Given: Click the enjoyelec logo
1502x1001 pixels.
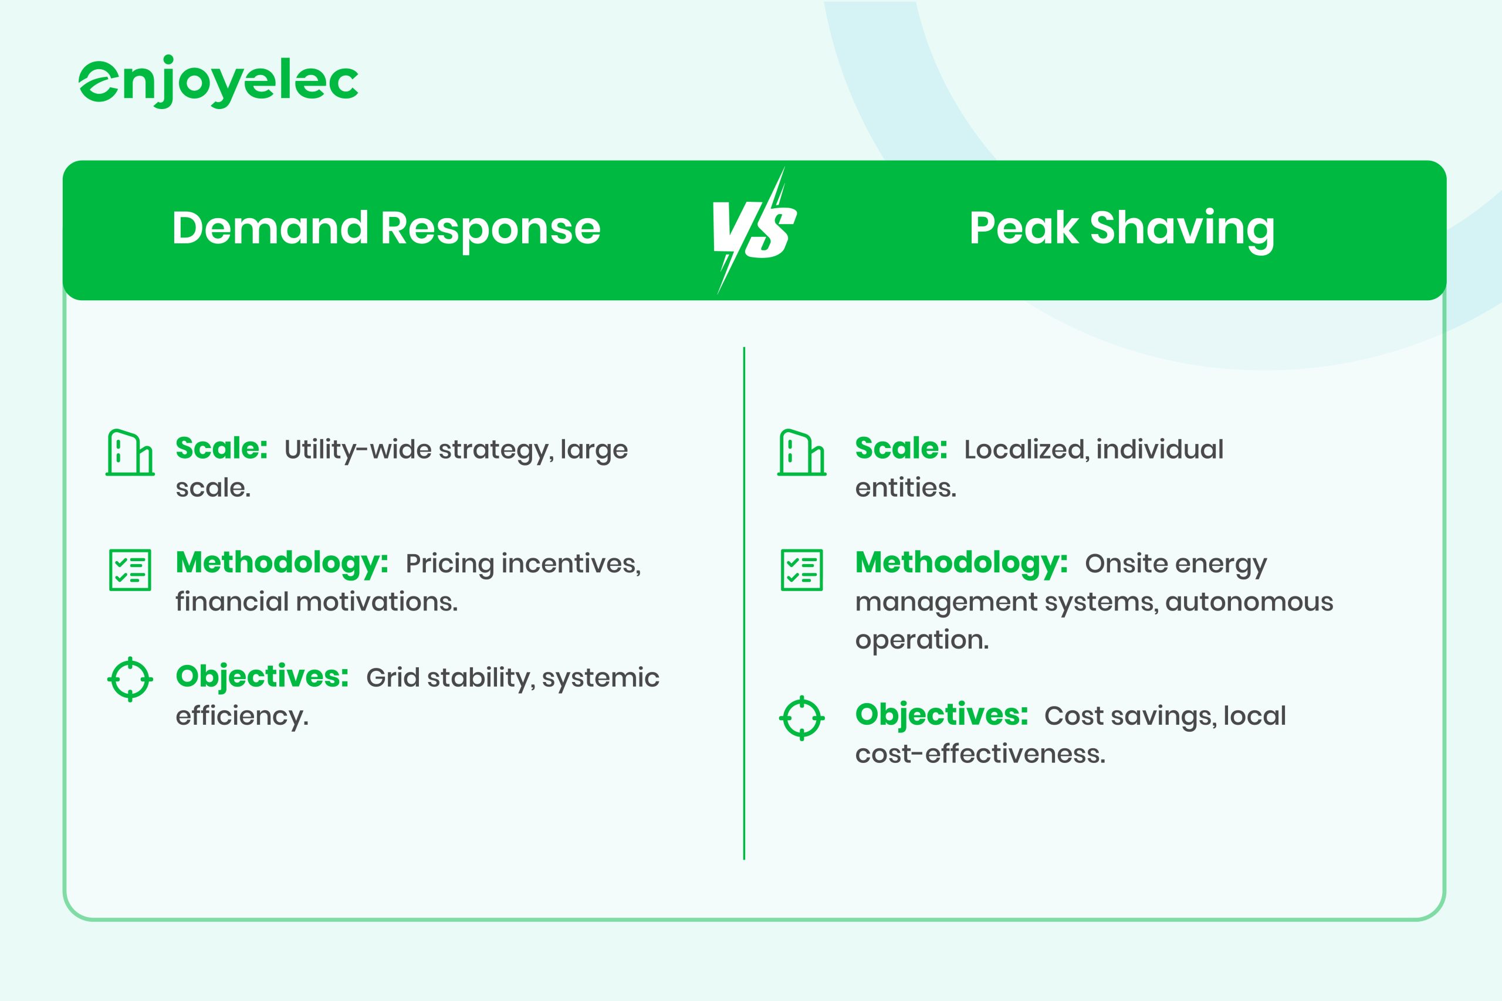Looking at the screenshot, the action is click(218, 81).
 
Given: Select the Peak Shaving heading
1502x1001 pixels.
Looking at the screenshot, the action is click(1121, 229).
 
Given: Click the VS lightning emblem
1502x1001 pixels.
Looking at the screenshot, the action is click(754, 230).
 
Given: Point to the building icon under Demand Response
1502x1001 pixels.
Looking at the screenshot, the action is click(130, 453).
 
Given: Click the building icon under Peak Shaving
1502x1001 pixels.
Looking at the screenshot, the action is click(801, 453).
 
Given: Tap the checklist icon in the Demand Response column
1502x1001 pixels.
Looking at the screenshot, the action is click(130, 569).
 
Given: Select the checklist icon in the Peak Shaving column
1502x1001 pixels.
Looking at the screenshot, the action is click(801, 569).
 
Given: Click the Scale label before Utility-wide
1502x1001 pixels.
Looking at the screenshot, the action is click(222, 448).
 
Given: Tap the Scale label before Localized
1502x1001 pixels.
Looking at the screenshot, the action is click(901, 448).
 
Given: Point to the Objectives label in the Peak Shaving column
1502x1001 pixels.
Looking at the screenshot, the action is click(942, 714).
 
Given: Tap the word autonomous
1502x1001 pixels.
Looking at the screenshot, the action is click(1249, 602).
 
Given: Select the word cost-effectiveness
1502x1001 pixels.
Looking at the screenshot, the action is click(980, 754).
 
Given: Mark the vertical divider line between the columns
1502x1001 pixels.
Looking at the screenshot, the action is click(744, 603).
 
